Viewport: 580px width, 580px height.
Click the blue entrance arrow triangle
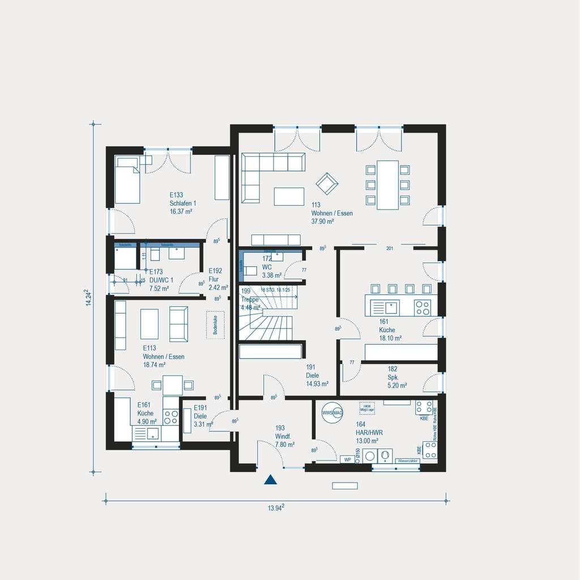tap(271, 480)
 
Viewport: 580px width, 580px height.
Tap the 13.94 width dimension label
tap(276, 508)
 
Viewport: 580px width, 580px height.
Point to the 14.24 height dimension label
tap(88, 298)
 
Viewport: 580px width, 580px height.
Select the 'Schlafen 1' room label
tap(182, 203)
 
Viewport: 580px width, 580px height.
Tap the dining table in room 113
tap(388, 185)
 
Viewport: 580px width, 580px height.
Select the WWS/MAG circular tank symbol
tap(332, 413)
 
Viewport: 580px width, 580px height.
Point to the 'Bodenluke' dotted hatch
tap(216, 325)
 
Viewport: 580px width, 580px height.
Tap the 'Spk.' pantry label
tap(393, 377)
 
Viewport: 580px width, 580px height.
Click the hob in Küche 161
tap(423, 308)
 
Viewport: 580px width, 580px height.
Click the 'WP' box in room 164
tap(347, 459)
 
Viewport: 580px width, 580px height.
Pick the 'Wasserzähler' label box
tap(408, 461)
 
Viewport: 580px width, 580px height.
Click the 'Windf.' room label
tap(283, 436)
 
